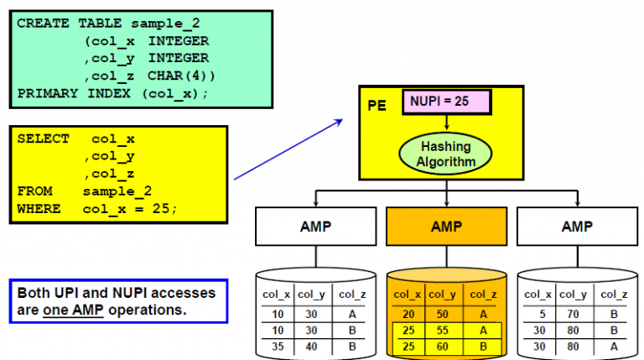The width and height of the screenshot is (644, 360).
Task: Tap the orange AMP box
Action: [x=446, y=226]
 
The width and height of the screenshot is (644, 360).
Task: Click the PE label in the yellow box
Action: [x=377, y=107]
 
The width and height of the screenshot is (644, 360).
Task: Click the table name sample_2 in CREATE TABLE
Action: [x=174, y=23]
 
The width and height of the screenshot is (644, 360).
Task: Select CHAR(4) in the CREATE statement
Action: [x=178, y=75]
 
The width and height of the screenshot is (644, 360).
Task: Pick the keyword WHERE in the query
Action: [x=39, y=208]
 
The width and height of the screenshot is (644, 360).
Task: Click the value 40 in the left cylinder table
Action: [x=310, y=345]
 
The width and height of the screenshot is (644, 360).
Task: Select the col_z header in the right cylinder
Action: [x=614, y=294]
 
